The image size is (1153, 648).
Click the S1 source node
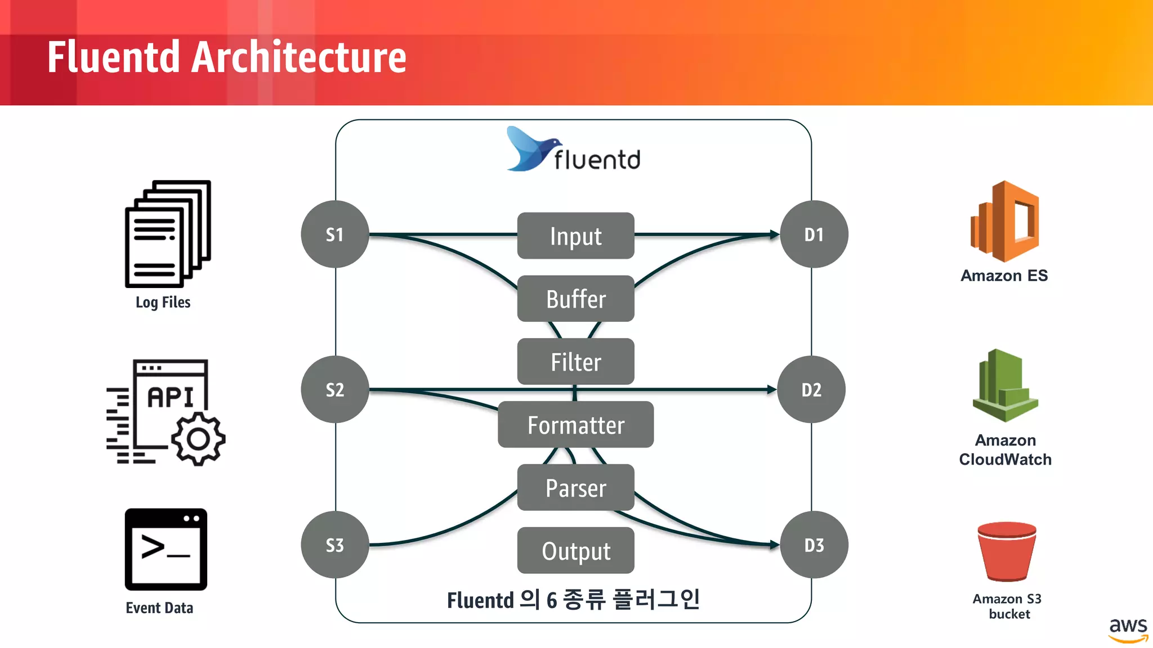335,234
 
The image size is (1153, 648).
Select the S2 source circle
335,389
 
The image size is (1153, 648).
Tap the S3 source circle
335,544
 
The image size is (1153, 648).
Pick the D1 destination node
814,234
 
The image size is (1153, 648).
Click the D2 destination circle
811,389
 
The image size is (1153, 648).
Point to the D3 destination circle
814,544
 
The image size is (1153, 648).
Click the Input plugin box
575,236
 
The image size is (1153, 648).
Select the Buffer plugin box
575,299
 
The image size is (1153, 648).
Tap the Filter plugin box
575,362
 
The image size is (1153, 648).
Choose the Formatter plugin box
575,425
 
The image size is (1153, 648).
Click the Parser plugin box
575,488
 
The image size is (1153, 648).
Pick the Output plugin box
575,551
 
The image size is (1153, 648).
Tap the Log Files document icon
168,233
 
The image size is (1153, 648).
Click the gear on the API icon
198,439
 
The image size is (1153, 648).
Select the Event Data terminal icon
166,549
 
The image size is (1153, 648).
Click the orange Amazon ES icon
1005,222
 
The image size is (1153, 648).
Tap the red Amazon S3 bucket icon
1007,551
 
